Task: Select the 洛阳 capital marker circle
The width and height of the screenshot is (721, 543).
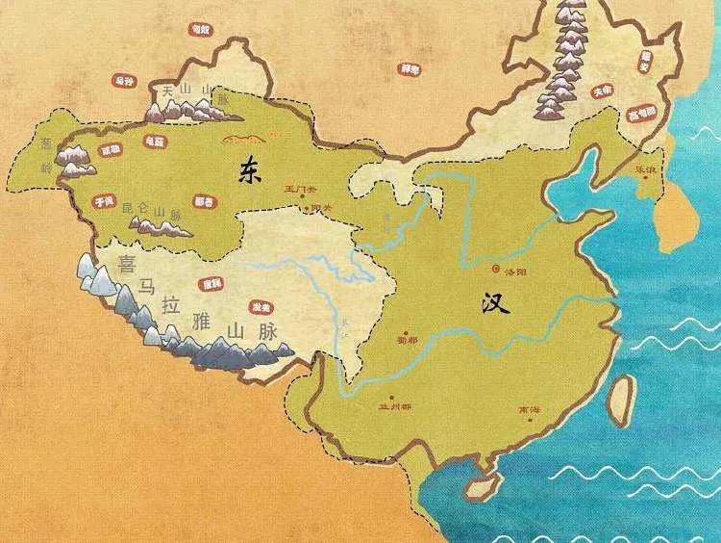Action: (x=497, y=270)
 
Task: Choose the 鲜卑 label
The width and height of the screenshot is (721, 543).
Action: (x=410, y=69)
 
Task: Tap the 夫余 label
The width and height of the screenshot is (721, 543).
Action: (x=603, y=90)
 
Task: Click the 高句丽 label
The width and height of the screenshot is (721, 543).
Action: (x=641, y=113)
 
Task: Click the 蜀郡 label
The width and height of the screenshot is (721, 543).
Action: (x=408, y=340)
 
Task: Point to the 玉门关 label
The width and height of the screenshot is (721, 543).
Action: (x=298, y=189)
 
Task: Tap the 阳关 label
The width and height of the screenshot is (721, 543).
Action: (x=310, y=207)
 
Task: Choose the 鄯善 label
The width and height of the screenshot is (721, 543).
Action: (x=204, y=202)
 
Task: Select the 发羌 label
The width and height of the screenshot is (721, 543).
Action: (x=259, y=307)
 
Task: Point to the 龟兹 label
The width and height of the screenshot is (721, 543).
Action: (x=154, y=140)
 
